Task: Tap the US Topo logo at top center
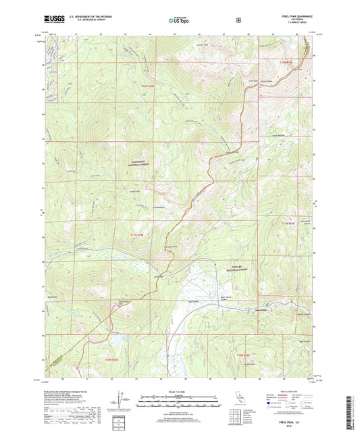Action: [x=180, y=21]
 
